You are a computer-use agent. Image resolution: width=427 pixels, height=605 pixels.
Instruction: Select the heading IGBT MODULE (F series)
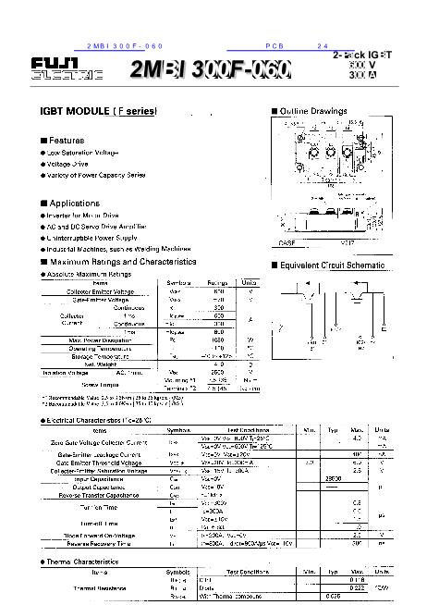pos(100,111)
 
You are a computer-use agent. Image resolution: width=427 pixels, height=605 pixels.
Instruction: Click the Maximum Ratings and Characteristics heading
pos(122,262)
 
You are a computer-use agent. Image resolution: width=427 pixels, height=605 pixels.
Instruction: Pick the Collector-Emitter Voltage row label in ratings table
pos(101,291)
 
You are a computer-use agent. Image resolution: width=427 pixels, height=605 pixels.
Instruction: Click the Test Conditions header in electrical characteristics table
pos(248,430)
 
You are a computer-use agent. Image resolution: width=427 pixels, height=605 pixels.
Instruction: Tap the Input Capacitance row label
pos(89,479)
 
